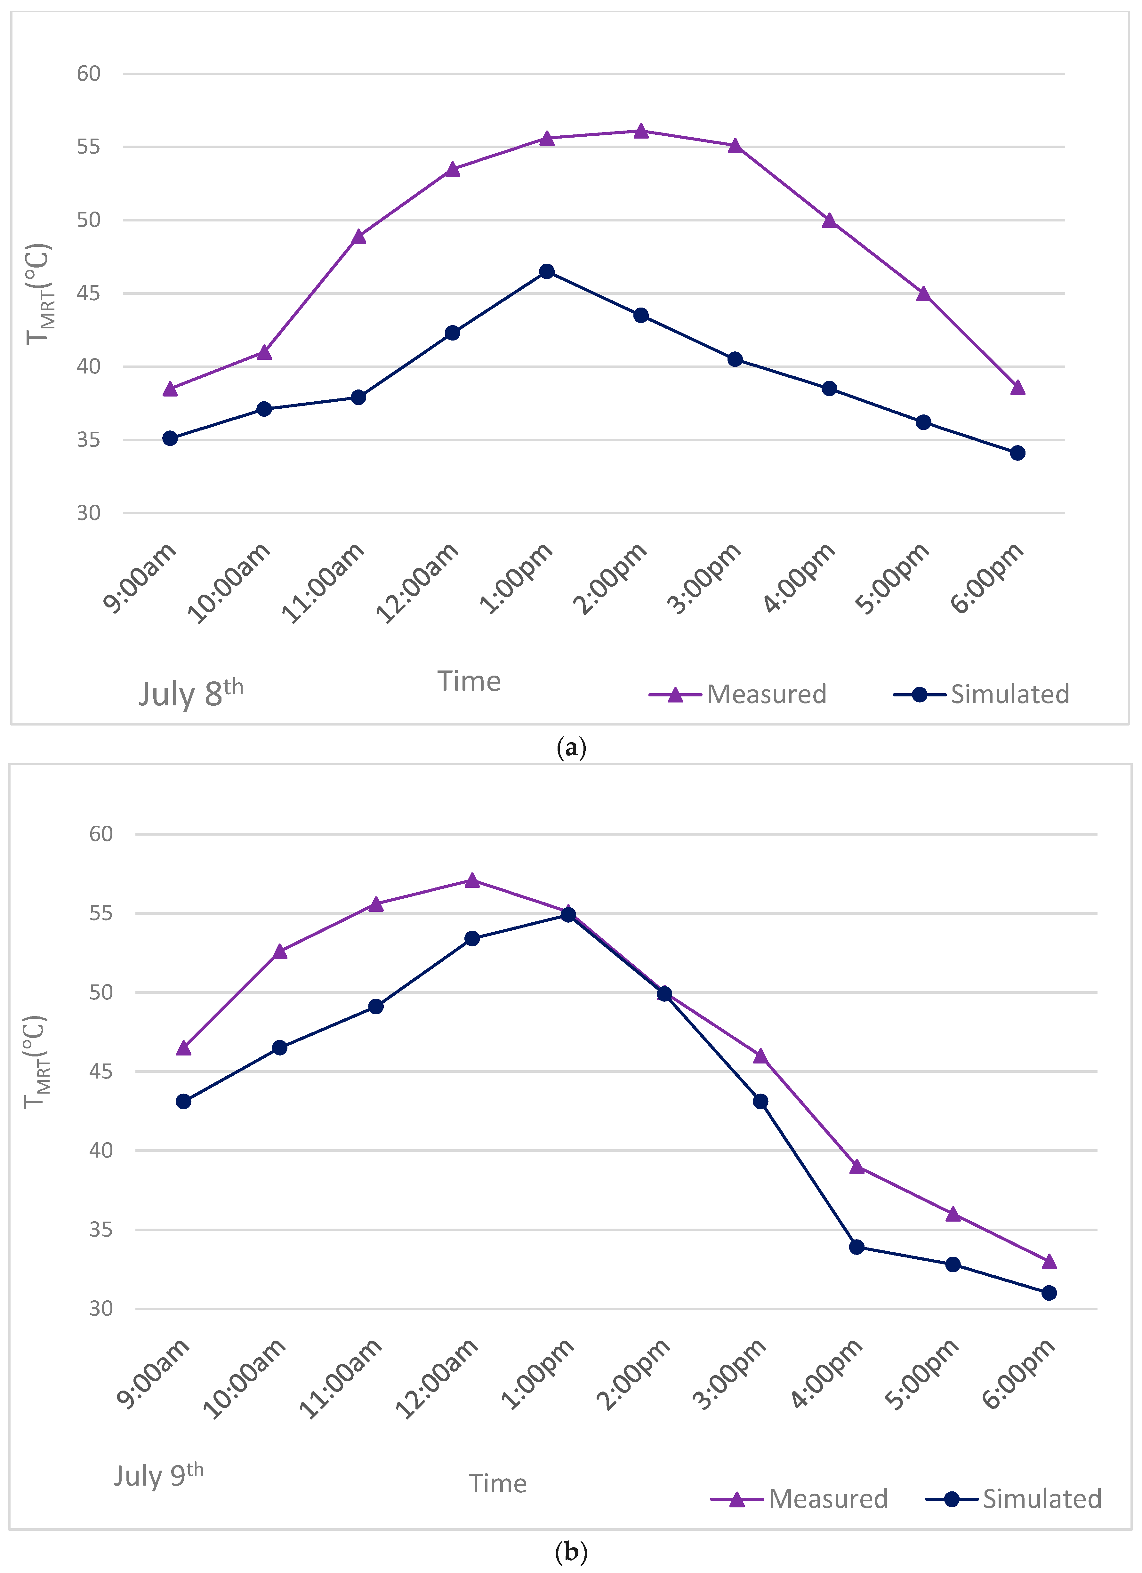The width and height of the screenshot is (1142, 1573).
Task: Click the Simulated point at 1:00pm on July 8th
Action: [547, 271]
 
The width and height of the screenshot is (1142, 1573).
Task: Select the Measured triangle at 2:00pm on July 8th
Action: [641, 130]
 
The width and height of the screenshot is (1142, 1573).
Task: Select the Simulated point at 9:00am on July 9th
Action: [183, 1101]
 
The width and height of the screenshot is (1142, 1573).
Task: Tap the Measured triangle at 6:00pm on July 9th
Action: [1049, 1261]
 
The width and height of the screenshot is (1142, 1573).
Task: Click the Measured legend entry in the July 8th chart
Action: [737, 694]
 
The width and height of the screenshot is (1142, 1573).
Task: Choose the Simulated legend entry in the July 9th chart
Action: [1014, 1499]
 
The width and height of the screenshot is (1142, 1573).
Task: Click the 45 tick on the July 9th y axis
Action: [101, 1071]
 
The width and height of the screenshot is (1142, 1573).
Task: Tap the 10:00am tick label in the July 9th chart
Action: [244, 1378]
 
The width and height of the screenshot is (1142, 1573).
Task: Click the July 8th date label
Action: [191, 693]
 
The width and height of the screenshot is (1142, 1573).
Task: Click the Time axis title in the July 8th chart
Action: [469, 681]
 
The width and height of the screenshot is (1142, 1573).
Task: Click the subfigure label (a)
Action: [571, 748]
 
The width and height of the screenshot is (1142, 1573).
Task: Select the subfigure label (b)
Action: [571, 1552]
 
